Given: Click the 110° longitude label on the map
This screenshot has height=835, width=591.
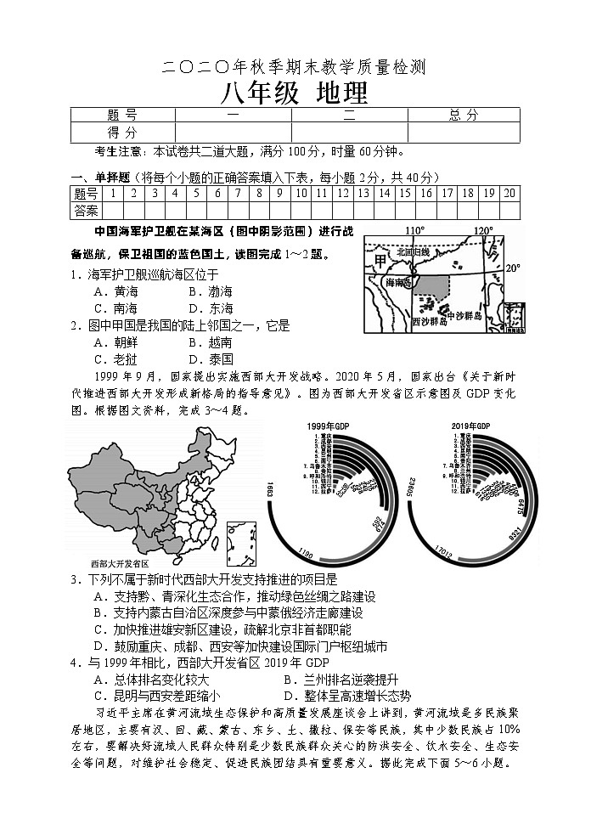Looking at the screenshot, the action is coord(414,230).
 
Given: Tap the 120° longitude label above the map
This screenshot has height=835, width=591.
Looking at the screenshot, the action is coord(482,230).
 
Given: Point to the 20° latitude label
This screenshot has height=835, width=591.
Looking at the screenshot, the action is coord(512,268).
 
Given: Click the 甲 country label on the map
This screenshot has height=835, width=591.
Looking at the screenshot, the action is coord(379,257).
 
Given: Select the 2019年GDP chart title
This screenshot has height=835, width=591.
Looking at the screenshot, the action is coord(468,425).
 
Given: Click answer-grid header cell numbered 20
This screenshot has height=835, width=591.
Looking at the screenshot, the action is coord(509,193).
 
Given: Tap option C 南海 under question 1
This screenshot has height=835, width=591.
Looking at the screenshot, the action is coord(116,308).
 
